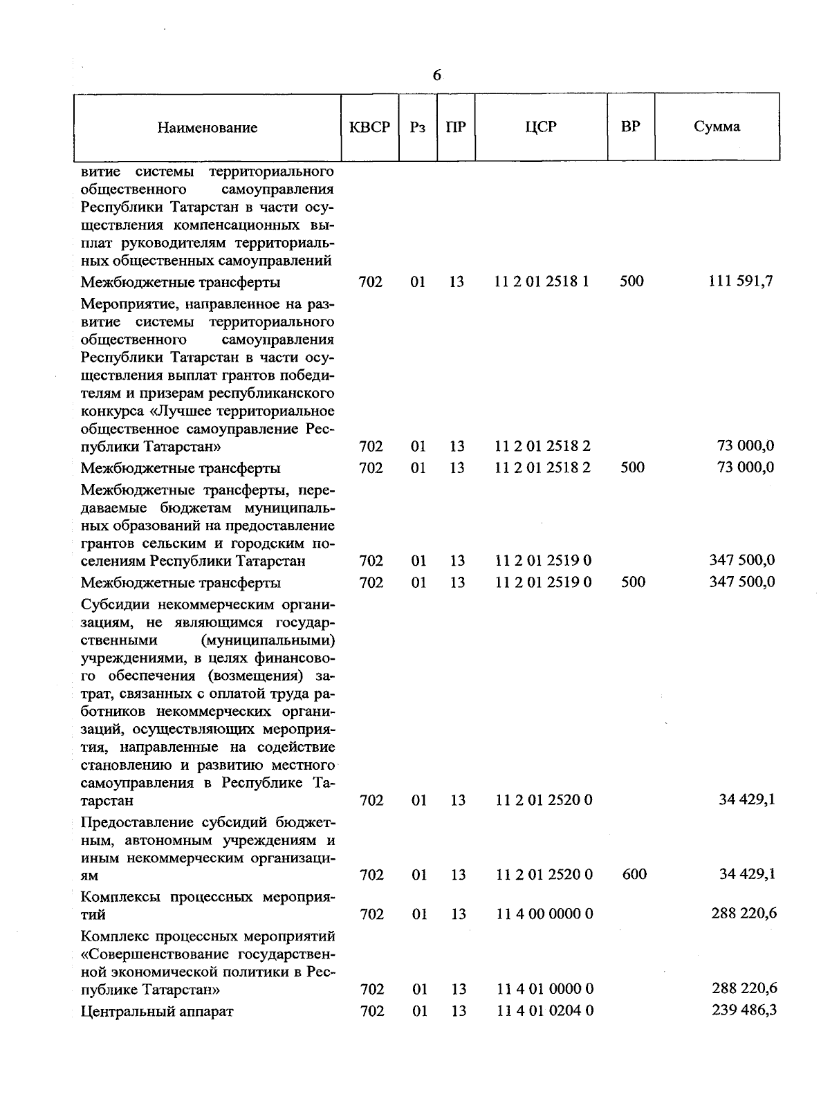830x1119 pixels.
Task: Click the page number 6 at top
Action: coord(436,75)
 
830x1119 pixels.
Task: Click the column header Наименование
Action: coord(207,127)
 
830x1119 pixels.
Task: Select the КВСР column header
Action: coord(369,127)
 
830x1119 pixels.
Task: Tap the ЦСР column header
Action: coord(541,127)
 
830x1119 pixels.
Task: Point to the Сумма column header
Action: coord(717,127)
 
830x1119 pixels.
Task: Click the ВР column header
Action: coord(630,127)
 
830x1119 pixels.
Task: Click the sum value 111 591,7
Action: coord(741,281)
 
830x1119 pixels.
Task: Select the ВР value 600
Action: coord(634,874)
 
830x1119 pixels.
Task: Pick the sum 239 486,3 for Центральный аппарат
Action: coord(744,1010)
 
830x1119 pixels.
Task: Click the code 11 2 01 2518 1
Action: coord(542,281)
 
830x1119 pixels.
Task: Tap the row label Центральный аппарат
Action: coord(157,1011)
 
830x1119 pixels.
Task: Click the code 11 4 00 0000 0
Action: coord(544,914)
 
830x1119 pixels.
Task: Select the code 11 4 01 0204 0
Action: coord(544,1010)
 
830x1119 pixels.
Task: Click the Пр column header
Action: coord(456,127)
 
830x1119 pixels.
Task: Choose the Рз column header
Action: coord(417,127)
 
